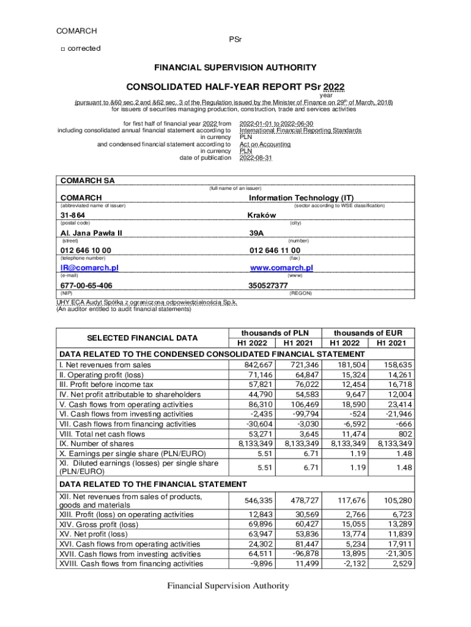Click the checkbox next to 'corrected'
click(62, 49)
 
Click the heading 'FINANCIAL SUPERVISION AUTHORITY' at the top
click(235, 67)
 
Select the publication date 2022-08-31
click(256, 158)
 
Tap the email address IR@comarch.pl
click(89, 268)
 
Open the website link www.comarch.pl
click(281, 268)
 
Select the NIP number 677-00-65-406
click(86, 285)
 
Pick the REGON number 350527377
click(268, 285)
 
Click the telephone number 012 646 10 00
click(86, 250)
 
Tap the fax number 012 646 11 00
click(275, 250)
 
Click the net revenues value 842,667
click(256, 365)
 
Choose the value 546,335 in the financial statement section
click(256, 500)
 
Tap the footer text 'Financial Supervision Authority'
click(229, 586)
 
